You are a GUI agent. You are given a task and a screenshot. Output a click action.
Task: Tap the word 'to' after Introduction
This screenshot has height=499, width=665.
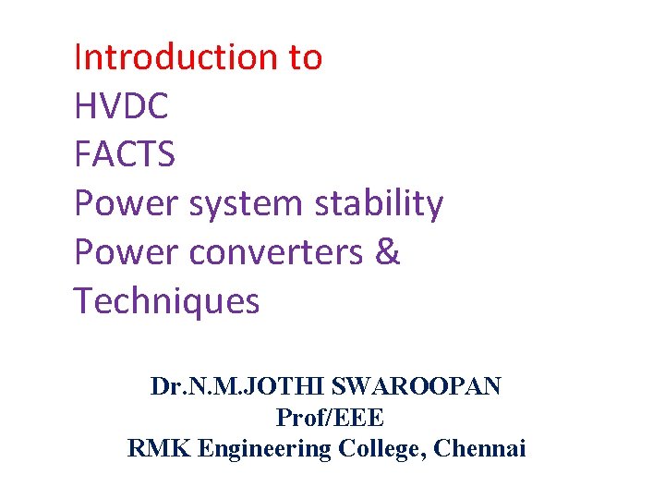point(305,57)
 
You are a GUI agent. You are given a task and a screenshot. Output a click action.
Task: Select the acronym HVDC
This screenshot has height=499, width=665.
point(121,106)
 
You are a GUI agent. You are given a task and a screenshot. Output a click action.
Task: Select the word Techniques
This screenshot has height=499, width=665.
point(166,301)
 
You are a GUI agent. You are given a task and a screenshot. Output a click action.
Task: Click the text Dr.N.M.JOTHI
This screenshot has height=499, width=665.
point(230,386)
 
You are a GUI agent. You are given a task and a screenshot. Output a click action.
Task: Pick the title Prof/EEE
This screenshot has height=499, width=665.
point(330,418)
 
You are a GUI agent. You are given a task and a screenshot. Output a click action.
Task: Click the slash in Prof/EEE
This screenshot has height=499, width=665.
point(324,418)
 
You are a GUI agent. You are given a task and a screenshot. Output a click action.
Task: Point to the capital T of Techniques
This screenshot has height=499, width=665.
point(83,301)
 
